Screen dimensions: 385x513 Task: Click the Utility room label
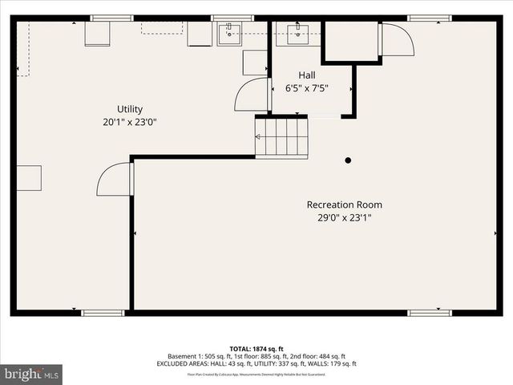coord(129,109)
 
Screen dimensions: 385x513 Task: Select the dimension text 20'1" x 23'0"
coord(129,123)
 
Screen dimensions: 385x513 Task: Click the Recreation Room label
coord(344,205)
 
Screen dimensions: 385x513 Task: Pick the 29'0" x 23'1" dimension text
coord(344,217)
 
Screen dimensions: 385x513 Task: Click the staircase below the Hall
coord(281,136)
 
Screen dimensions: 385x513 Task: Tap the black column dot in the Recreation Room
coord(348,160)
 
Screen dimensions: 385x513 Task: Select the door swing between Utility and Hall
coord(251,95)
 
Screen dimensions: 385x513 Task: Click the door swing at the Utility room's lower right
coord(114,180)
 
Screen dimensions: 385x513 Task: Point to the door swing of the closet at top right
coord(396,40)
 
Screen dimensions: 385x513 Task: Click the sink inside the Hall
coord(298,33)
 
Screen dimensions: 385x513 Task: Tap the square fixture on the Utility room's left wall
coord(29,178)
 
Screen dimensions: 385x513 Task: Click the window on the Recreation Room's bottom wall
coord(430,313)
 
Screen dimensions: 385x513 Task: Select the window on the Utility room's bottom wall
coord(103,313)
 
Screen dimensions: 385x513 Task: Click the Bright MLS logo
coord(32,374)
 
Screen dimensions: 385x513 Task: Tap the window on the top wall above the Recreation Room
coord(430,18)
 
